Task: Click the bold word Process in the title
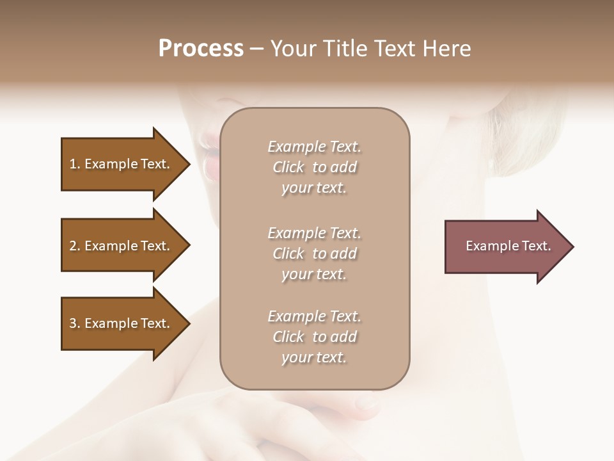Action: (201, 49)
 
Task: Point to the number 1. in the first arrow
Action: (75, 164)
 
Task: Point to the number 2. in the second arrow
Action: (75, 246)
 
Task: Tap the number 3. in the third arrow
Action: (75, 323)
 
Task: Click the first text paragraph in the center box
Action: (314, 167)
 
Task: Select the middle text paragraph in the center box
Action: (314, 254)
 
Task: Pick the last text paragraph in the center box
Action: (314, 337)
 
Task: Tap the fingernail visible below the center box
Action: (366, 403)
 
